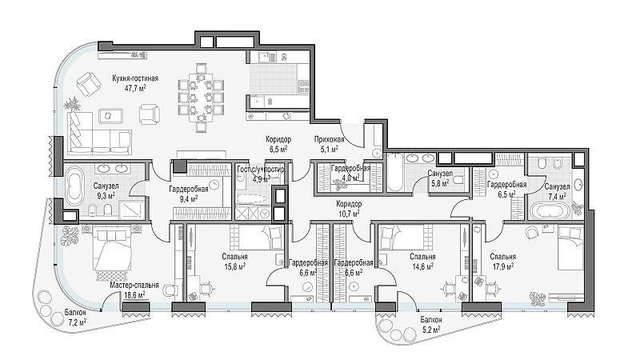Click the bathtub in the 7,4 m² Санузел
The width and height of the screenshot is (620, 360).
[550, 210]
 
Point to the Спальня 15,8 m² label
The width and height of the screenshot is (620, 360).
[235, 257]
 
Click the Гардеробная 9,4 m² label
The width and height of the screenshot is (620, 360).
[189, 189]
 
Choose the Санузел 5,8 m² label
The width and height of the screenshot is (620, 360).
[440, 174]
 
